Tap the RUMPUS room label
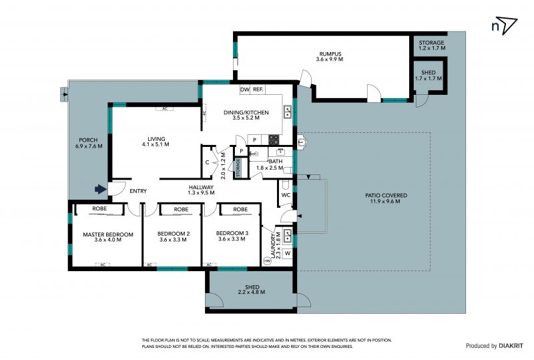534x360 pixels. (330, 54)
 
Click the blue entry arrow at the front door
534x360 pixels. (101, 189)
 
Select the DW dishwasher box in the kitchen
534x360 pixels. (245, 89)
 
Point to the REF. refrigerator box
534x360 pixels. (258, 89)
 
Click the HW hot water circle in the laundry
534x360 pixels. (268, 261)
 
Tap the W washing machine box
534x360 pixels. (288, 253)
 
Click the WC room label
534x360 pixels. (286, 195)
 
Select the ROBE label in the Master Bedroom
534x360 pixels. (99, 208)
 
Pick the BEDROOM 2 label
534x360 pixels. (174, 234)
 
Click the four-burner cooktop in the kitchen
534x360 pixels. (274, 140)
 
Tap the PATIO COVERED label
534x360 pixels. (386, 196)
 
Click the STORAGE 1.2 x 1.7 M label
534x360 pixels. (431, 45)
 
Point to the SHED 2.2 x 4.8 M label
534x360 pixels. (252, 289)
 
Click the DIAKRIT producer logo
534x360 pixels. (511, 346)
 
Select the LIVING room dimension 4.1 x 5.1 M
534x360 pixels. (156, 144)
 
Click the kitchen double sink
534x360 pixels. (288, 111)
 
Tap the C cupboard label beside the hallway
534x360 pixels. (207, 162)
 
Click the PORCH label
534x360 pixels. (88, 140)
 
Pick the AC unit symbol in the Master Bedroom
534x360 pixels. (103, 264)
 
